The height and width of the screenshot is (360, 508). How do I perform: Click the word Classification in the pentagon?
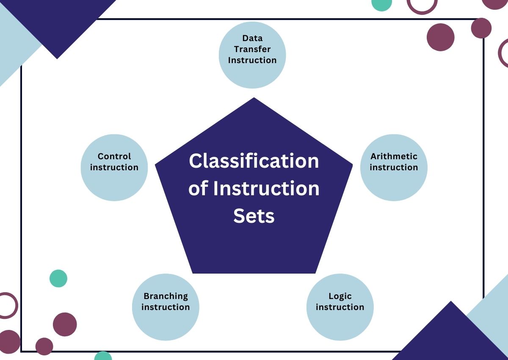pos(254,161)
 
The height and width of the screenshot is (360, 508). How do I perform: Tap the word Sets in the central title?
pos(254,216)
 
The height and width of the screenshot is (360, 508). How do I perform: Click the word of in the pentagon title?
pos(197,189)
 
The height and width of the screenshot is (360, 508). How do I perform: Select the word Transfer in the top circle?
pos(252,49)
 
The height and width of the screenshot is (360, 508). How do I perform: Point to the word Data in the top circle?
pos(252,39)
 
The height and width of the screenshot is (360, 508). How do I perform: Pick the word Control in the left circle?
pos(114,156)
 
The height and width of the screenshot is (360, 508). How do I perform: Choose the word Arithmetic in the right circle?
pos(394,156)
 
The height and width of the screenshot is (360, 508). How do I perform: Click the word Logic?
pos(340,296)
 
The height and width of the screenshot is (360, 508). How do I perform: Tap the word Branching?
pos(166,296)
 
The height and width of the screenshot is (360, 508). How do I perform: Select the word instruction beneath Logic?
pos(340,307)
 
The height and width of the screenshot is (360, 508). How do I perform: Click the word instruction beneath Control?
pos(114,167)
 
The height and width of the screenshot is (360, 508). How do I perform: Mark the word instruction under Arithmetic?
pos(394,167)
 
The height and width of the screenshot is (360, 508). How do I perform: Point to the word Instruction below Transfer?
pos(252,60)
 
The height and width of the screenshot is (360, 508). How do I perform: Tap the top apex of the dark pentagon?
pos(254,99)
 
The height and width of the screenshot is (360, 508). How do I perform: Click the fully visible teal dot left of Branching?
pos(58,278)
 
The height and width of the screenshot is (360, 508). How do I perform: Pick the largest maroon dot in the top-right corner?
pos(440,37)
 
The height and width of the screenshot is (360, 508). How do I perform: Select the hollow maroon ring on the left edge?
pos(7,305)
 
